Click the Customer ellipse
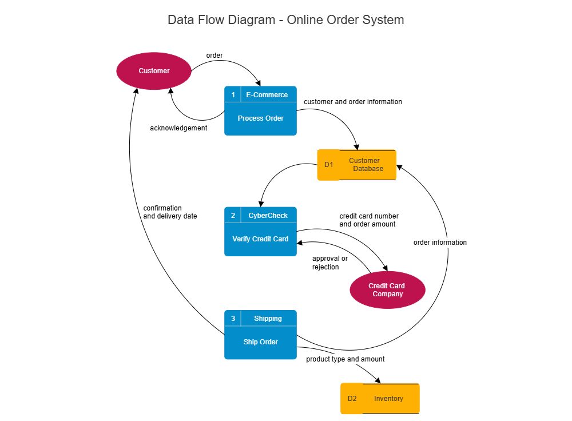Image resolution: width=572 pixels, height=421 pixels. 154,71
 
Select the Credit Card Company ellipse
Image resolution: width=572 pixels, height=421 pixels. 387,290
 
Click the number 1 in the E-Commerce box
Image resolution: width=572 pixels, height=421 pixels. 233,95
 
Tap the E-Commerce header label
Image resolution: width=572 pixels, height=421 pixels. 267,95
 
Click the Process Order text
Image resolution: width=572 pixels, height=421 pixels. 260,118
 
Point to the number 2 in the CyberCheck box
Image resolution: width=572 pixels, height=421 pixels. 233,216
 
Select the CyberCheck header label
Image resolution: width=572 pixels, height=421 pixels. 268,216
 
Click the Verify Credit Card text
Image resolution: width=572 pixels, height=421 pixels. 260,239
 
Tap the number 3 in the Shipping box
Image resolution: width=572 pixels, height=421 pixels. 233,319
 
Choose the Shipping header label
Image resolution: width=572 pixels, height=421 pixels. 268,319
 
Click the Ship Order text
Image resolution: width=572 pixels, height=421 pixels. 260,342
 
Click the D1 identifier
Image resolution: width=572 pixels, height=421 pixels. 328,165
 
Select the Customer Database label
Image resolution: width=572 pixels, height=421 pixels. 366,165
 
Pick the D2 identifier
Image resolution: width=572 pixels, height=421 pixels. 352,399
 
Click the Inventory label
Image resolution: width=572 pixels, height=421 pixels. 388,399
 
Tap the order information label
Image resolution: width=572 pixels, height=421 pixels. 440,243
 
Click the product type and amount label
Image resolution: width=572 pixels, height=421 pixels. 345,359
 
